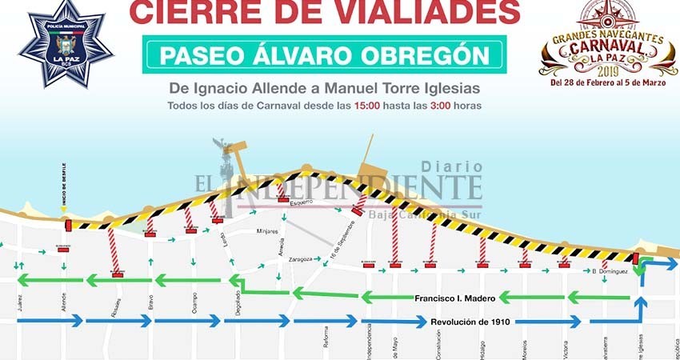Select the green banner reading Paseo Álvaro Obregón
[323, 55]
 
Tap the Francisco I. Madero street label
[455, 298]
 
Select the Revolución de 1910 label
[470, 322]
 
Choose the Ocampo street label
[186, 305]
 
